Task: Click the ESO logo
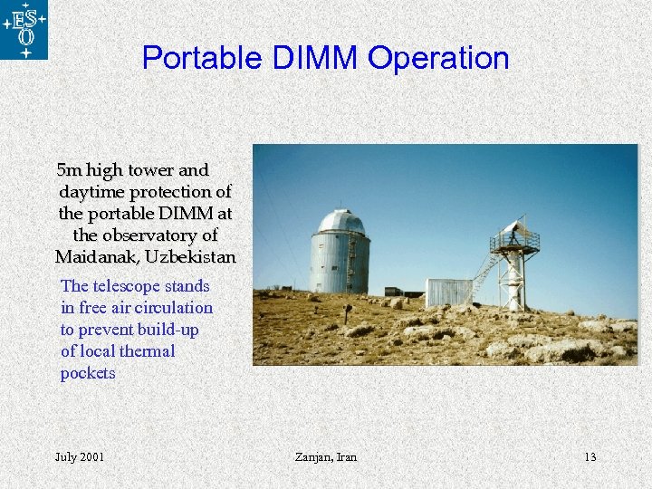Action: pyautogui.click(x=24, y=30)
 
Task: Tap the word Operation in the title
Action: pyautogui.click(x=439, y=58)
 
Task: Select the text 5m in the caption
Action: pyautogui.click(x=68, y=170)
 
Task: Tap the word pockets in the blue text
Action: pyautogui.click(x=88, y=373)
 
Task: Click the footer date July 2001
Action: pyautogui.click(x=79, y=456)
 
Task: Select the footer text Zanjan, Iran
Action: pyautogui.click(x=326, y=456)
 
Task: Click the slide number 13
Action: pyautogui.click(x=590, y=456)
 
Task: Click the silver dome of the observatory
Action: pyautogui.click(x=340, y=222)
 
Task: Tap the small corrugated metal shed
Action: pyautogui.click(x=448, y=292)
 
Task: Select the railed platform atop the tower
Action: pyautogui.click(x=514, y=242)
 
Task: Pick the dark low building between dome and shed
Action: pyautogui.click(x=403, y=292)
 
